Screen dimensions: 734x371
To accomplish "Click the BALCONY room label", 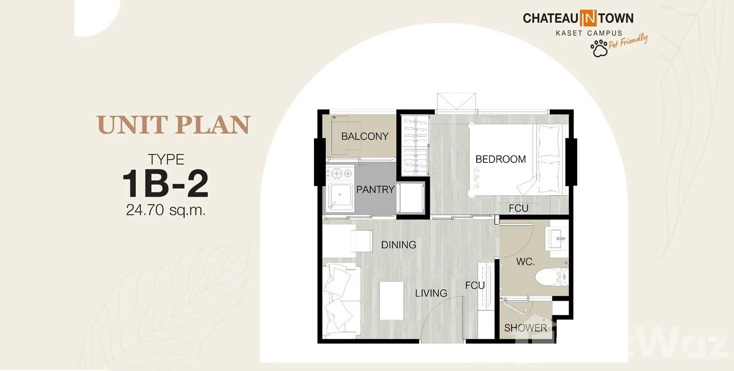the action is click(x=365, y=136).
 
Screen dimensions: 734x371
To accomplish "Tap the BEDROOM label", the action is click(x=500, y=159).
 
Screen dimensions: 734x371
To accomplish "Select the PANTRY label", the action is click(x=375, y=190).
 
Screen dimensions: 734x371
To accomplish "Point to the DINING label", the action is click(x=399, y=245).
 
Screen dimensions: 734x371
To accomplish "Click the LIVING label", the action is click(x=431, y=293).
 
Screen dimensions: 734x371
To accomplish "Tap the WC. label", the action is click(x=525, y=262).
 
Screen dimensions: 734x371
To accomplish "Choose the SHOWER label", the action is click(x=526, y=328).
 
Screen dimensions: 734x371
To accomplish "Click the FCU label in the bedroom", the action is click(x=518, y=208).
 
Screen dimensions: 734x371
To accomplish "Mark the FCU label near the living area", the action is click(x=475, y=286).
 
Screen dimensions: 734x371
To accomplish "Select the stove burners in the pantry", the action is click(x=340, y=173).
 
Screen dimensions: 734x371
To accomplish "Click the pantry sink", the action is click(x=340, y=196).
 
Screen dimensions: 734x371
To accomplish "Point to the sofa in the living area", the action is click(x=342, y=301).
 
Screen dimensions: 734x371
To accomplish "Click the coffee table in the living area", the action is click(x=391, y=300).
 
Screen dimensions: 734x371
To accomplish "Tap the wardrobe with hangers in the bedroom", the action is click(x=415, y=145).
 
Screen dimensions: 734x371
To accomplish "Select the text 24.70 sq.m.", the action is click(x=165, y=210).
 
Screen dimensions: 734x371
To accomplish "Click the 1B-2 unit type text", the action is click(x=165, y=183).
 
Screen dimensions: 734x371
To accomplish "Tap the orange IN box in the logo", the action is click(x=588, y=18).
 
